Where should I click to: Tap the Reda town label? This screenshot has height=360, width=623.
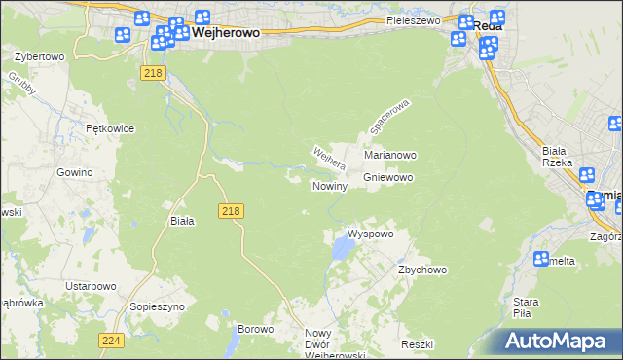pos(489,26)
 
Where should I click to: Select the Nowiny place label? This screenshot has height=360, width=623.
pos(329,185)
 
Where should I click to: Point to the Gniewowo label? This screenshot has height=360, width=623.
pos(388,178)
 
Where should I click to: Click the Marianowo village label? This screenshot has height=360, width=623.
pos(390,155)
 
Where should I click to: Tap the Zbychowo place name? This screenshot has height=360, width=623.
pos(421,270)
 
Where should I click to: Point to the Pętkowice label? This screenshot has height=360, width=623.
pos(109,128)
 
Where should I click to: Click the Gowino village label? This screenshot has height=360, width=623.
pos(74,172)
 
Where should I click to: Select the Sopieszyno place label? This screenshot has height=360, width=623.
pos(156,306)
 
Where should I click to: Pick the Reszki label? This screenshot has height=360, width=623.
pos(416,345)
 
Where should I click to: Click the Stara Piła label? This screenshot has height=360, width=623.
pos(527,307)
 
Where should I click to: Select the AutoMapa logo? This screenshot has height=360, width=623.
pos(559,342)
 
